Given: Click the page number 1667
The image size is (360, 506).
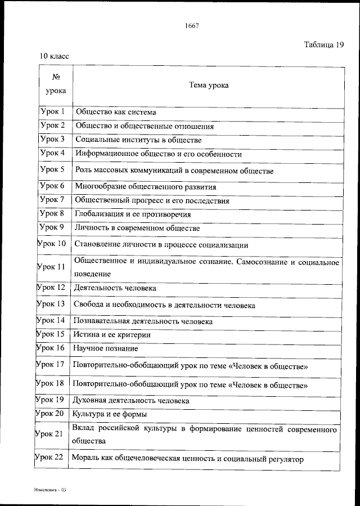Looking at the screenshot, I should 192,25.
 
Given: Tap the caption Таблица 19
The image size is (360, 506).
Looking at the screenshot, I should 324,45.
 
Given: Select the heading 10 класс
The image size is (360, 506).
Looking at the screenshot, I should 54,56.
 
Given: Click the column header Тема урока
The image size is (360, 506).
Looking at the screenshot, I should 209,86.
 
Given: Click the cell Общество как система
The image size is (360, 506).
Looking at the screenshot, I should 116,112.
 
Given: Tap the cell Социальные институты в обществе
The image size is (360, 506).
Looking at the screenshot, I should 138,140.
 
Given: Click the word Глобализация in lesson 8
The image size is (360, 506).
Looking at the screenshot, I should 100,214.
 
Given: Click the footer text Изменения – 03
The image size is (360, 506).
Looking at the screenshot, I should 49,491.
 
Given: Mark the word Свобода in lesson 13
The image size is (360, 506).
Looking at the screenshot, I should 89,305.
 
